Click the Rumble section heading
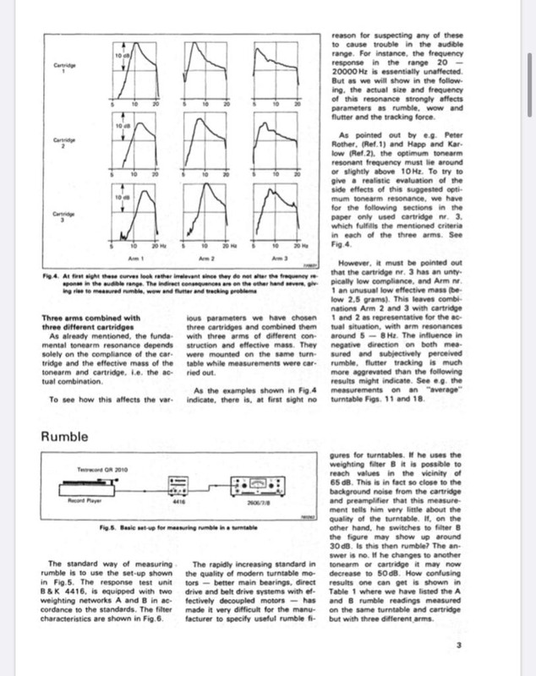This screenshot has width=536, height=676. click(71, 437)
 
